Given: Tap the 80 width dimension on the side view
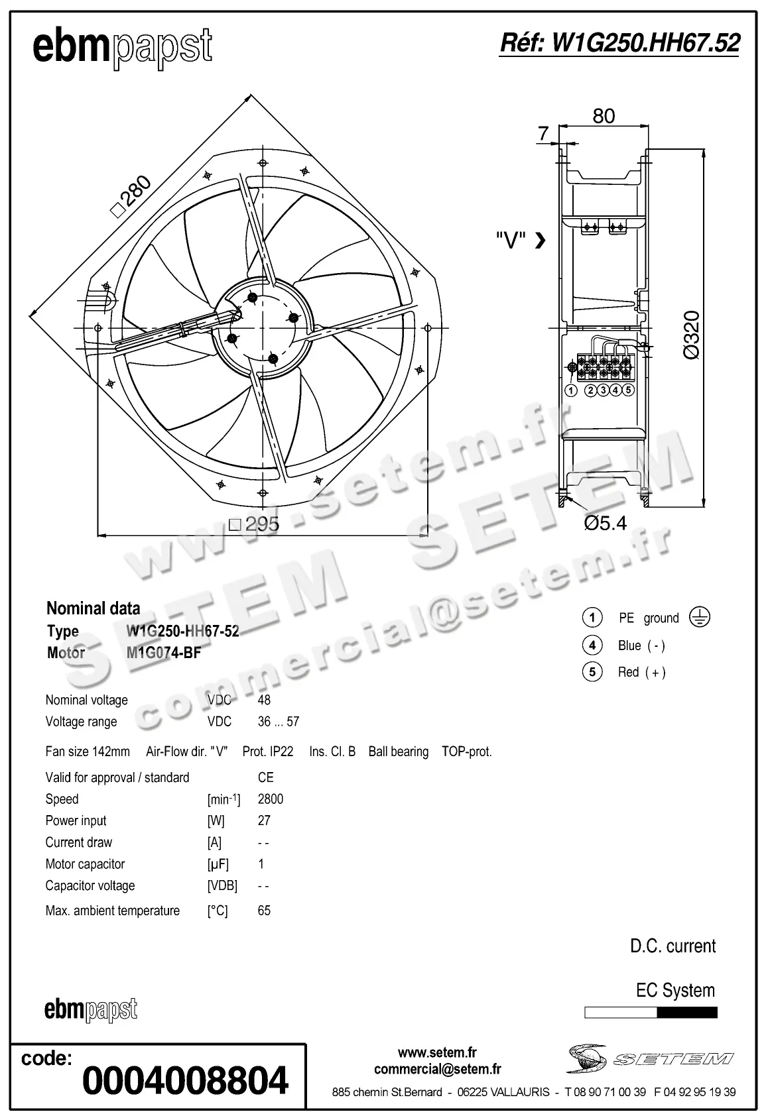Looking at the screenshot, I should click(604, 116).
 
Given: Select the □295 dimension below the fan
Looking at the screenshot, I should click(255, 524).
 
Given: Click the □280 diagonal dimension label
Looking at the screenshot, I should click(131, 196).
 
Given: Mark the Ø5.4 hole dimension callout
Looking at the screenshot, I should click(605, 523).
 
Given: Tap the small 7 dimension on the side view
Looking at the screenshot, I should click(544, 133).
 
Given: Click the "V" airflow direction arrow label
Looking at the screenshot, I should click(521, 240).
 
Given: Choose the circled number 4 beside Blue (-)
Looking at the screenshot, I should click(592, 645).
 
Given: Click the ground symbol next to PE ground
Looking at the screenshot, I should click(700, 617).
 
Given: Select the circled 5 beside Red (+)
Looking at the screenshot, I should click(592, 672).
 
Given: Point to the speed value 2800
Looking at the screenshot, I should click(270, 799).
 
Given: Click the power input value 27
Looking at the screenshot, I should click(264, 820).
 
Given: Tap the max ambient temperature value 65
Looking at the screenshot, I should click(264, 911).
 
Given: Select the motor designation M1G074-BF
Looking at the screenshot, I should click(163, 653).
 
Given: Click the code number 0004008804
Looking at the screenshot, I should click(185, 1080).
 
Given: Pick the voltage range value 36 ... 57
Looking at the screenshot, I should click(278, 721).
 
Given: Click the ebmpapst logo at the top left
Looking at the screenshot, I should click(123, 48).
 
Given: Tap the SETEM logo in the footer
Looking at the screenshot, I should click(650, 1058).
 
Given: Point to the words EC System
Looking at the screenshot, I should click(675, 990).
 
